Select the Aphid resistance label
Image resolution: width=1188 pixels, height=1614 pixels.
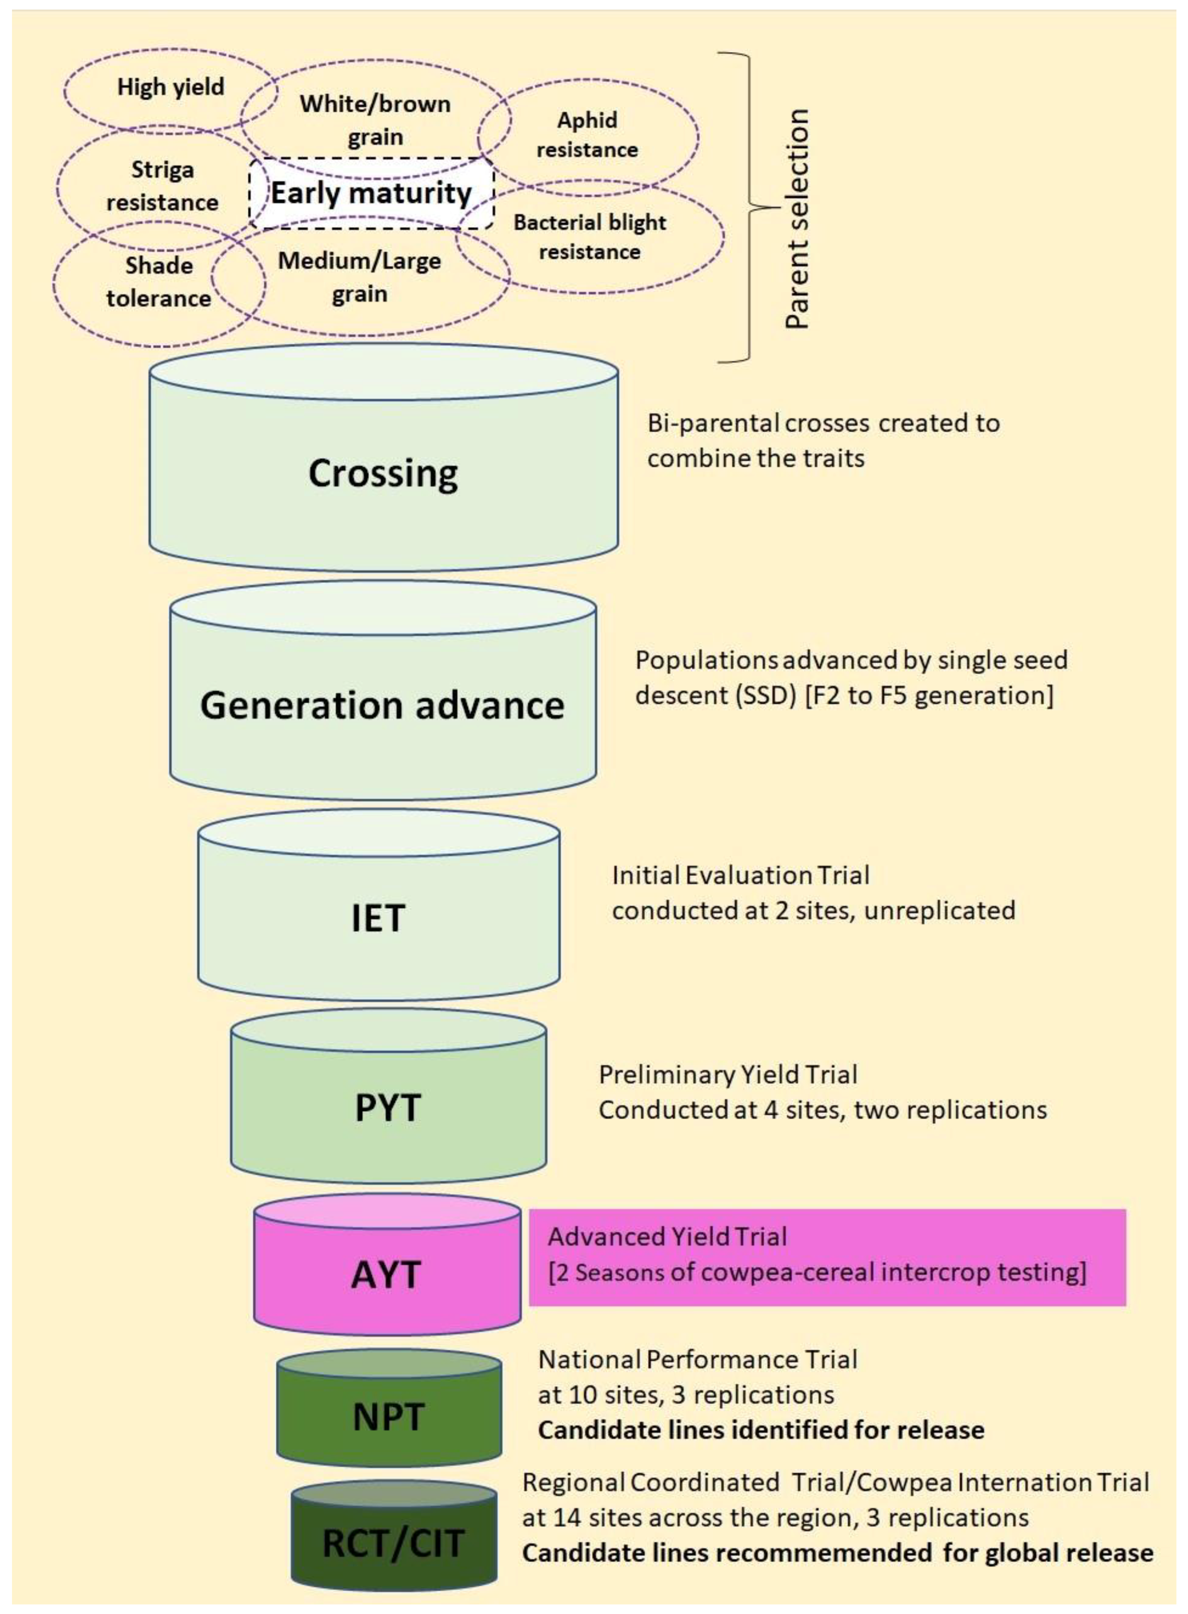tap(587, 135)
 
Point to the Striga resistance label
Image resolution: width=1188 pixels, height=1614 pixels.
tap(162, 186)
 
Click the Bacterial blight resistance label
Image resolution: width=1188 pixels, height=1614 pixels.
tap(590, 237)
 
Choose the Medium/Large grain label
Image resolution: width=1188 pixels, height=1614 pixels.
tap(360, 277)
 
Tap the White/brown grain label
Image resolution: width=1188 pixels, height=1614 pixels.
tap(375, 120)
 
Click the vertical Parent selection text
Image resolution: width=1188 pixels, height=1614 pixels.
tap(797, 219)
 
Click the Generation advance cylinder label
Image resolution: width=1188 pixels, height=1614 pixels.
tap(382, 705)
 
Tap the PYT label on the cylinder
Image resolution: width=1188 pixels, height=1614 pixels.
tap(388, 1107)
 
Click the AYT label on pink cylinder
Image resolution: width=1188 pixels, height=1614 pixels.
tap(386, 1275)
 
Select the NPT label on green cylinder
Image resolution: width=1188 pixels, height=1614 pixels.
tap(388, 1417)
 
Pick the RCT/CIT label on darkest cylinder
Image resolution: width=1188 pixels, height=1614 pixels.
tap(393, 1543)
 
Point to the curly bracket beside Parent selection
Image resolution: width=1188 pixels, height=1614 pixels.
tap(751, 209)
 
